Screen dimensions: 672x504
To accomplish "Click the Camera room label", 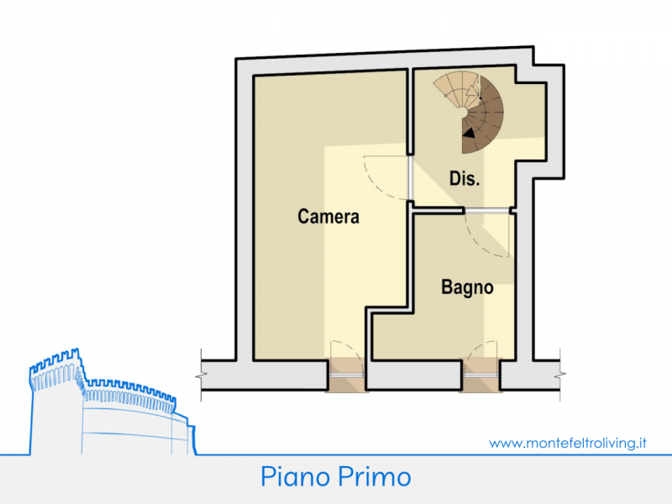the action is click(328, 217).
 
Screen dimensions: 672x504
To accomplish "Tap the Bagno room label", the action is click(467, 287).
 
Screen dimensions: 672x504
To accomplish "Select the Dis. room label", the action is click(465, 178).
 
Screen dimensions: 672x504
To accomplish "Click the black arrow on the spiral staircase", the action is click(470, 134).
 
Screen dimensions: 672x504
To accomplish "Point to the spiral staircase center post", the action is click(463, 113).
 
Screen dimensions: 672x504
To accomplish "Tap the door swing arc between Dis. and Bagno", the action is click(480, 242).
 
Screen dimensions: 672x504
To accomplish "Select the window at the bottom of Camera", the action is click(346, 375).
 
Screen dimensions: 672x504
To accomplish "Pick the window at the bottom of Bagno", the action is click(480, 375).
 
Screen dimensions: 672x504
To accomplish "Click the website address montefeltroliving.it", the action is click(568, 443).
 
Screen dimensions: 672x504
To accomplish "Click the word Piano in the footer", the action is click(296, 476).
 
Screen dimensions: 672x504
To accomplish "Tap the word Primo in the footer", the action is click(374, 476).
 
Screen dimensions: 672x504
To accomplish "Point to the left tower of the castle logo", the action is click(55, 398).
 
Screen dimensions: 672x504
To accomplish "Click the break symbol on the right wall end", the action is click(559, 375).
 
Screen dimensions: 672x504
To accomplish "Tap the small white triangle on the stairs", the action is click(472, 91).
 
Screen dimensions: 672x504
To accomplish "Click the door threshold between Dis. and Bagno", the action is click(487, 211).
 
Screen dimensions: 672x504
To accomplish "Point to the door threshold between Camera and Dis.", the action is click(411, 178).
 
